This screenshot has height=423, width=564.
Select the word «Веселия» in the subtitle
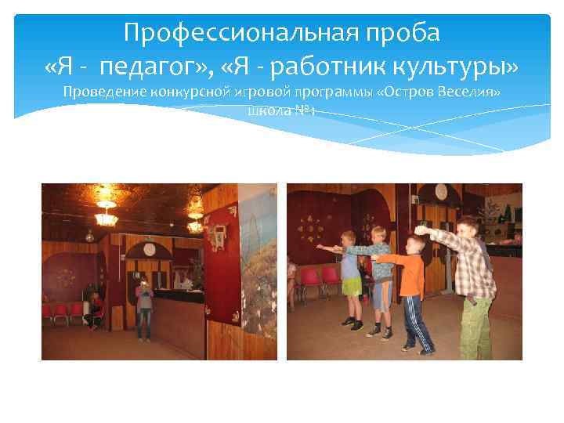click(472, 92)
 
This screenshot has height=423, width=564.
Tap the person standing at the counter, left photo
click(143, 309)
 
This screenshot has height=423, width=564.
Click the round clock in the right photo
click(441, 190)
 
